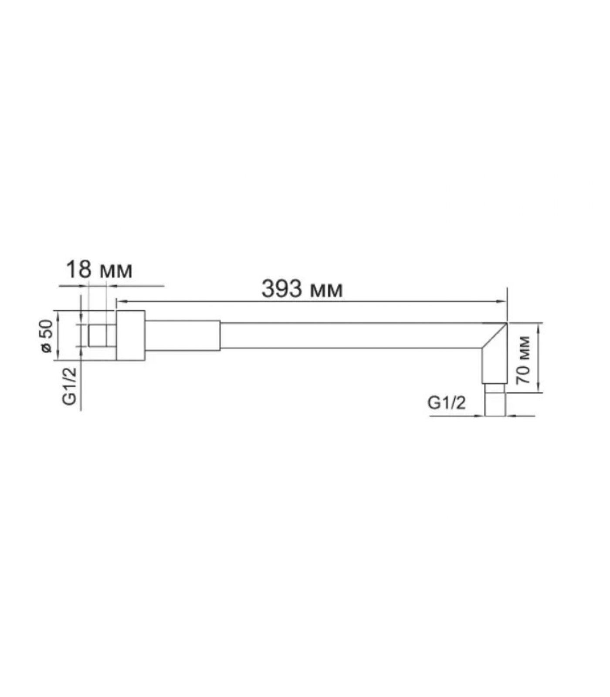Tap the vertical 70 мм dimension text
(524, 359)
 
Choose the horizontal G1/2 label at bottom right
(447, 403)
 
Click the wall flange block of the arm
(130, 335)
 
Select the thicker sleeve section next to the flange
(182, 335)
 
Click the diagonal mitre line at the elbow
(494, 335)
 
